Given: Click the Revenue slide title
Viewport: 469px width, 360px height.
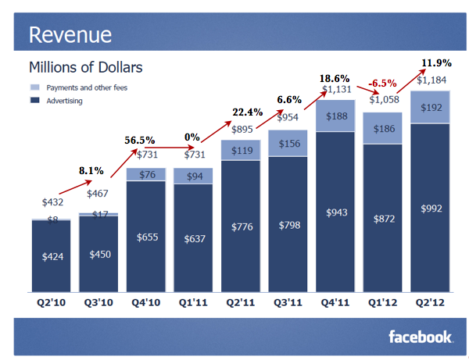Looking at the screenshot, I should pos(70,34).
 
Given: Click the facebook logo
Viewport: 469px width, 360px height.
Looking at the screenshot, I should pos(421,337).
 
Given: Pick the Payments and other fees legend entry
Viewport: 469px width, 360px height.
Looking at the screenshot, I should pos(86,87).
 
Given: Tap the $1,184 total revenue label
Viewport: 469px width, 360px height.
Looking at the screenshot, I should pos(431,80).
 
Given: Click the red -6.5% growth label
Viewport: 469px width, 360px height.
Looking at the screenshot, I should pos(381,82).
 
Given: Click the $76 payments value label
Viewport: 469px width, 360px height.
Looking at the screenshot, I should pos(145,174).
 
